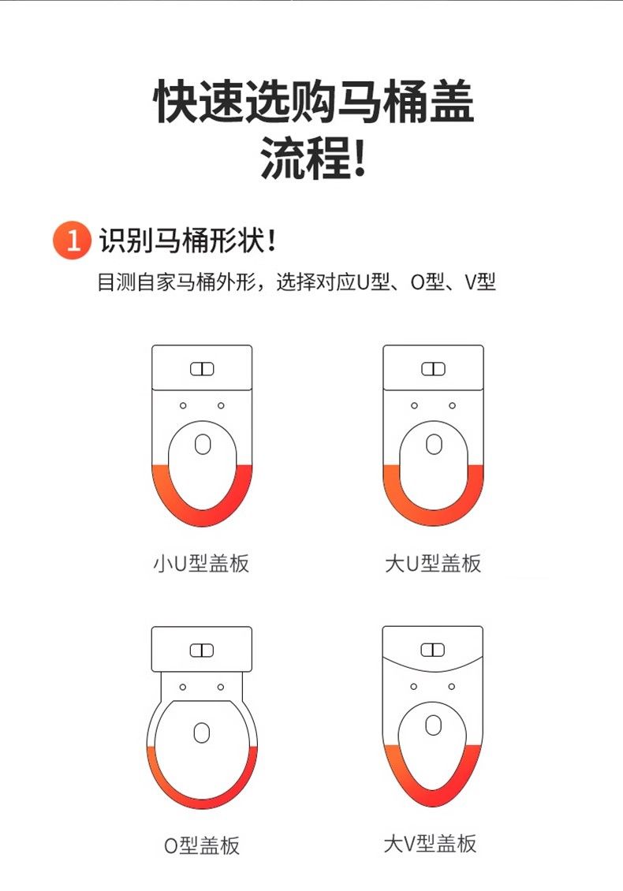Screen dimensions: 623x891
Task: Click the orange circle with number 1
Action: pyautogui.click(x=72, y=240)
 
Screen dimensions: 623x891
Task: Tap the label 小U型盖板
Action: pyautogui.click(x=201, y=563)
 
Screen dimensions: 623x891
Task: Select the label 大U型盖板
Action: pyautogui.click(x=433, y=563)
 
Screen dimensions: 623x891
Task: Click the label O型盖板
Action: pyautogui.click(x=202, y=845)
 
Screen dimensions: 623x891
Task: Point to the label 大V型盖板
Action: pyautogui.click(x=430, y=843)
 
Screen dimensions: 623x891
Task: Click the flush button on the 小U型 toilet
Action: pyautogui.click(x=202, y=369)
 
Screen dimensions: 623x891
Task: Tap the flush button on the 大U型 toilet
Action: pyautogui.click(x=433, y=369)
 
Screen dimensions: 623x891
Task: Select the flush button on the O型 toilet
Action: pyautogui.click(x=202, y=650)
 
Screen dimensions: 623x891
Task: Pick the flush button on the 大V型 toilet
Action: pyautogui.click(x=433, y=650)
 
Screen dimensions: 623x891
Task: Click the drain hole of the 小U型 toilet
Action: pyautogui.click(x=203, y=445)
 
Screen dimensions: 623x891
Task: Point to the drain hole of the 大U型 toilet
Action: pyautogui.click(x=434, y=445)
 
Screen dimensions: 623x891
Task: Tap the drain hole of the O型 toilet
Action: pyautogui.click(x=202, y=733)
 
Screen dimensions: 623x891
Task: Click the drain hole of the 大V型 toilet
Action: pyautogui.click(x=433, y=725)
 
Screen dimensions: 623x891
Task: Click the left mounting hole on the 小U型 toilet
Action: pyautogui.click(x=183, y=406)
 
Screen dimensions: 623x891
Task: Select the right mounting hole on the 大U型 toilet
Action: pyautogui.click(x=452, y=406)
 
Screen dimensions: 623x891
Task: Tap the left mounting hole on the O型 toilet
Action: pyautogui.click(x=182, y=687)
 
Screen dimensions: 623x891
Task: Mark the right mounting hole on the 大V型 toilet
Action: pyautogui.click(x=451, y=687)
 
